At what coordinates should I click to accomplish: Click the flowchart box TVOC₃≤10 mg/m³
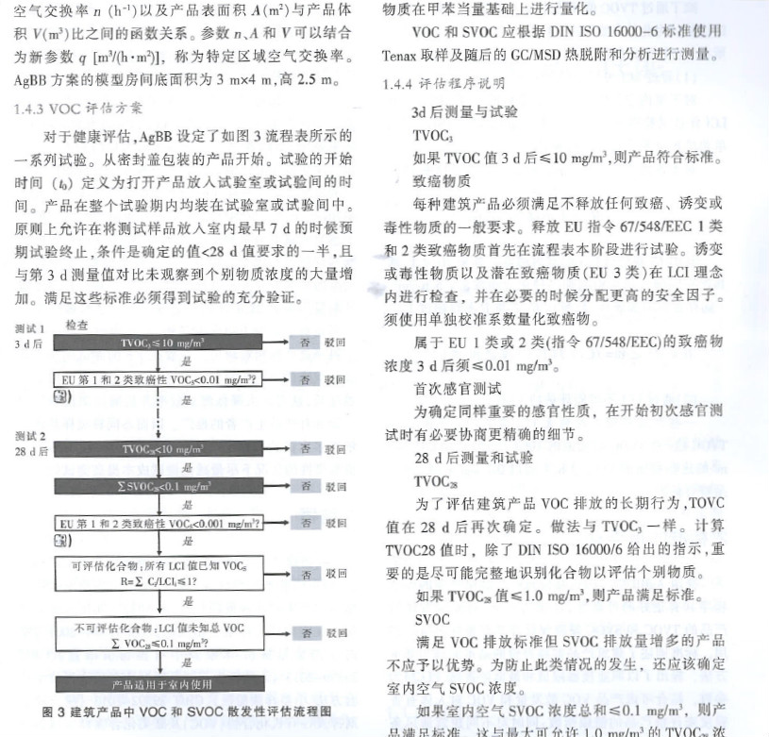(x=170, y=341)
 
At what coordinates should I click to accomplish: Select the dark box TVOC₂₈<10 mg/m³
(x=170, y=447)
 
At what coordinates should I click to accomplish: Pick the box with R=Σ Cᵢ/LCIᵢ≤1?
(x=170, y=573)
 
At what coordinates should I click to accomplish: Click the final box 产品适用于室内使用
(x=170, y=684)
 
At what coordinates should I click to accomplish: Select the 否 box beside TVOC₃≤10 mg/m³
(x=305, y=341)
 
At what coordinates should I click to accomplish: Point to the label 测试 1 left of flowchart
(x=31, y=328)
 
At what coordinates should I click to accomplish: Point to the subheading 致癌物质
(x=442, y=179)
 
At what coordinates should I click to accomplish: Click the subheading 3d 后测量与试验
(x=464, y=110)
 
